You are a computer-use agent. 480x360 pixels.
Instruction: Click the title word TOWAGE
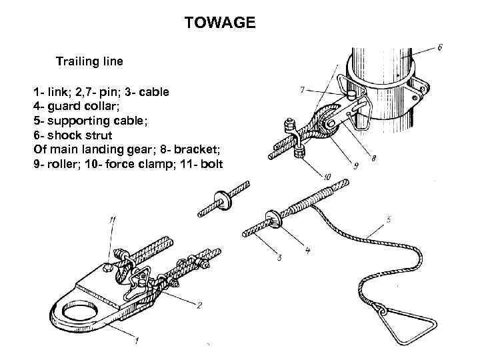point(219,24)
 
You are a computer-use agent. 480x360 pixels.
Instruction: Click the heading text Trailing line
point(89,61)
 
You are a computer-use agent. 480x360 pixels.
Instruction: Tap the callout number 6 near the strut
point(441,47)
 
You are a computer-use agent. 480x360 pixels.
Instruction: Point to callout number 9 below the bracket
point(356,167)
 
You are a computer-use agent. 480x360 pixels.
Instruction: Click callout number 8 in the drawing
point(374,159)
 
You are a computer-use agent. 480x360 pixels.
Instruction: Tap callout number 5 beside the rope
point(389,219)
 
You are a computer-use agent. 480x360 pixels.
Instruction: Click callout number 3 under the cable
point(279,257)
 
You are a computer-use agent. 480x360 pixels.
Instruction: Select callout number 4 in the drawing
point(307,251)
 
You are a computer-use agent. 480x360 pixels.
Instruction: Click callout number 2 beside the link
point(199,305)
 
